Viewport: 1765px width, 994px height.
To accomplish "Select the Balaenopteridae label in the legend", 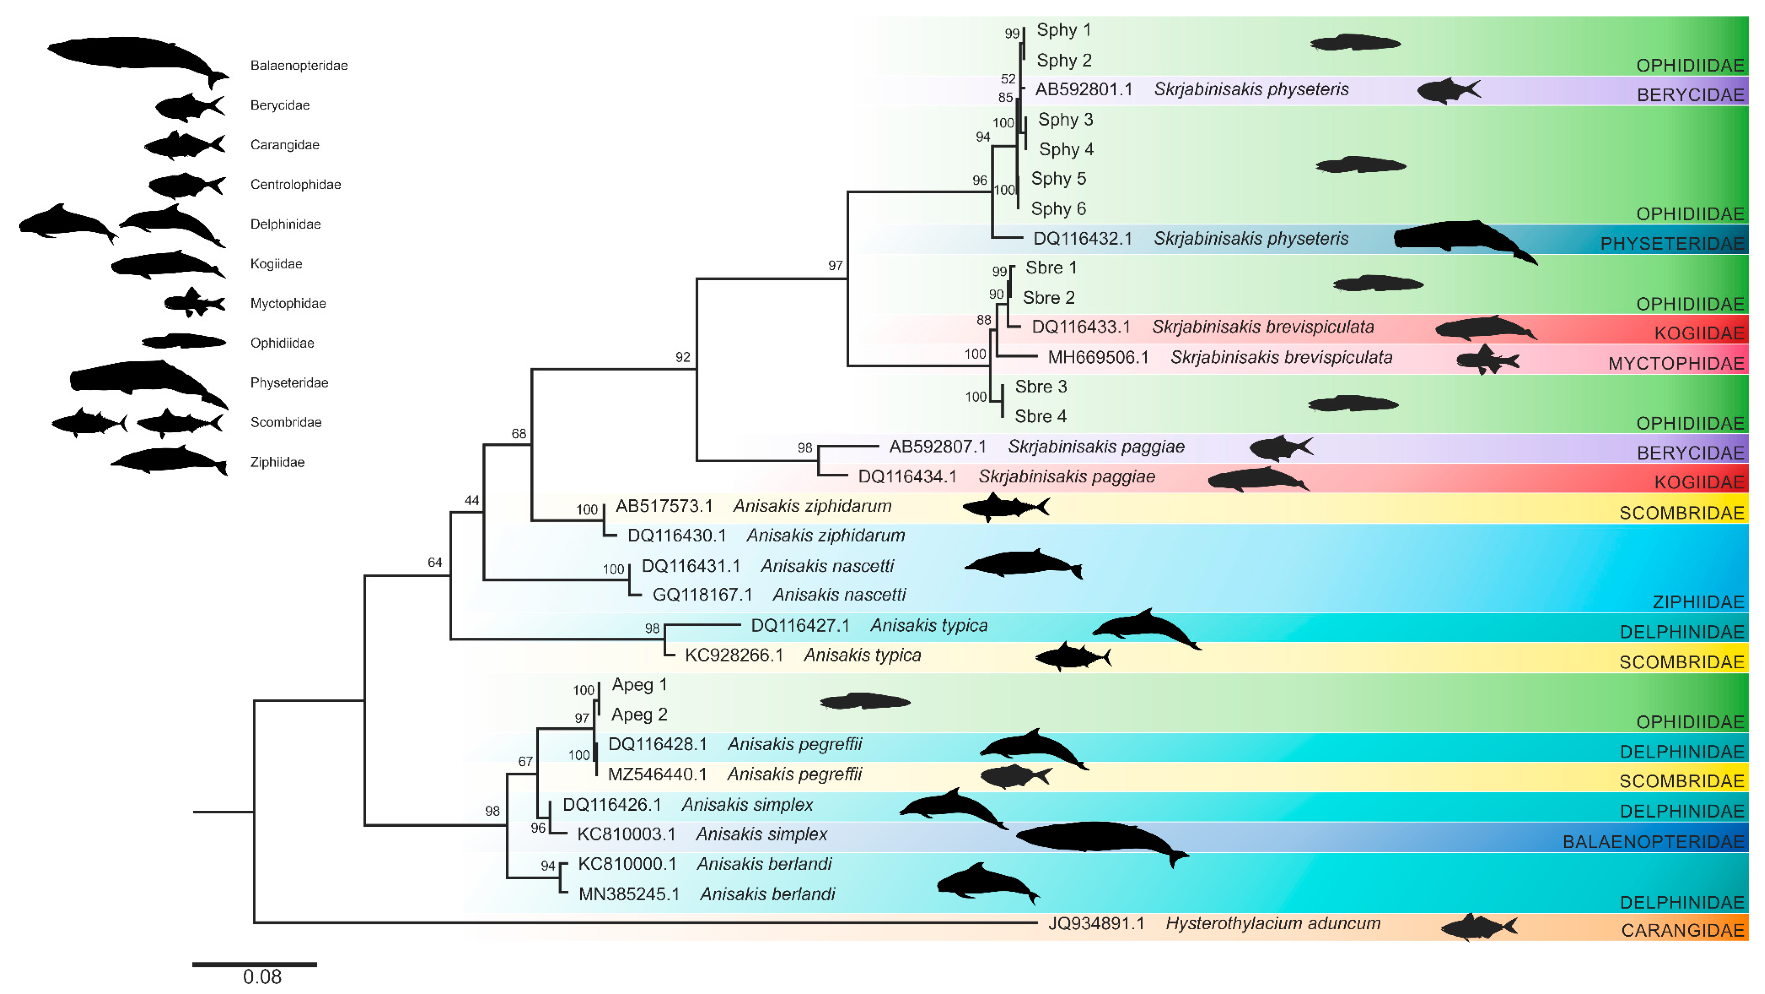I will [299, 66].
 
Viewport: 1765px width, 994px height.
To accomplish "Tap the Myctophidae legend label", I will [288, 304].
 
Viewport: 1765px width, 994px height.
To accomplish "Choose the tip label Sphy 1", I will [1063, 30].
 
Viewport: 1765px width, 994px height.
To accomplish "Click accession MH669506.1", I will [1098, 357].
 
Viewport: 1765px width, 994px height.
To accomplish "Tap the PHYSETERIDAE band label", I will [1672, 244].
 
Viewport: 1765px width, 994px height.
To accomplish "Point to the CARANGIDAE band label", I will [1682, 930].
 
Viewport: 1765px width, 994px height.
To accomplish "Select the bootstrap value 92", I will [682, 357].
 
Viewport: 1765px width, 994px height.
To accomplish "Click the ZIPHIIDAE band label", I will [1698, 602].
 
